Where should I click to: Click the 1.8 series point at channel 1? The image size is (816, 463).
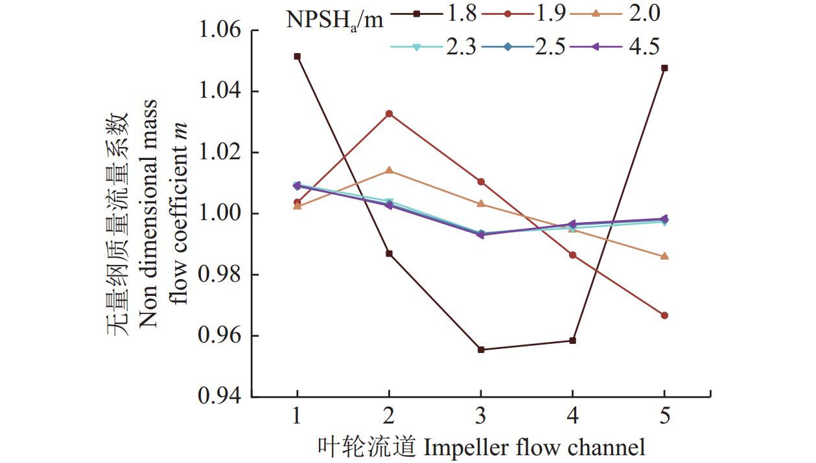click(x=297, y=56)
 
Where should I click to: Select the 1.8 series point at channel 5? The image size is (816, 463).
click(x=664, y=68)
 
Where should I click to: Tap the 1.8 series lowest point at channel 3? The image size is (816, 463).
click(x=481, y=350)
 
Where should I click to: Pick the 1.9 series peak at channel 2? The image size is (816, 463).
click(x=389, y=114)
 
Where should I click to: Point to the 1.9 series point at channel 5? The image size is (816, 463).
click(x=664, y=315)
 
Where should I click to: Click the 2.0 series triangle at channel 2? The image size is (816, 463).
click(x=389, y=170)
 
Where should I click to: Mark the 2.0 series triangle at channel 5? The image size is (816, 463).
click(x=664, y=256)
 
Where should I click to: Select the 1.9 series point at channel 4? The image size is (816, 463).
click(x=572, y=255)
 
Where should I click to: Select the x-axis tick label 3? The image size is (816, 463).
click(x=481, y=416)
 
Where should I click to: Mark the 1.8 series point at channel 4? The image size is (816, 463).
click(x=572, y=341)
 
